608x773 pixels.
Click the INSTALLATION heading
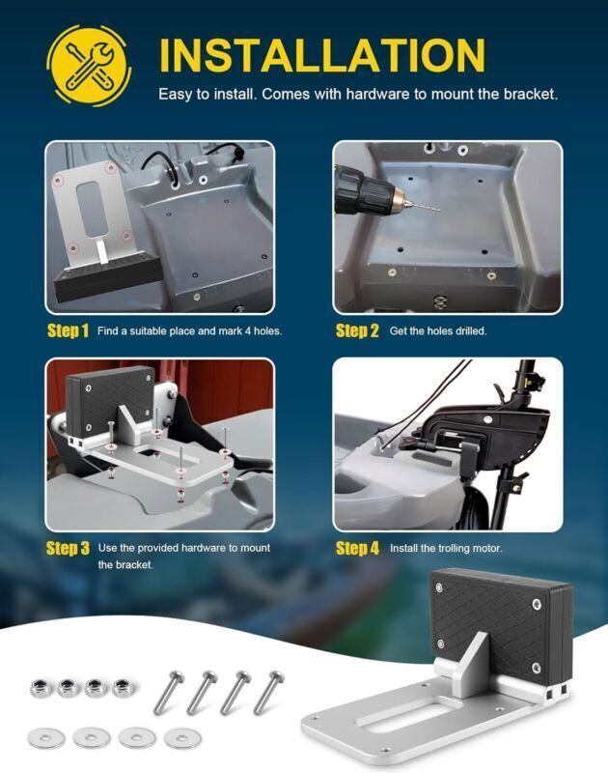tap(321, 54)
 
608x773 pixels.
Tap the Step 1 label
tap(68, 331)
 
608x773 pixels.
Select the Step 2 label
tap(357, 331)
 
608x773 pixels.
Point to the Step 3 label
tap(68, 549)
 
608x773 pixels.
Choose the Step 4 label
tap(357, 549)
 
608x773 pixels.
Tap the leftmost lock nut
tap(41, 688)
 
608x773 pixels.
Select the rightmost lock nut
tap(122, 688)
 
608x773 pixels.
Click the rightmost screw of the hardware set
tap(268, 692)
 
